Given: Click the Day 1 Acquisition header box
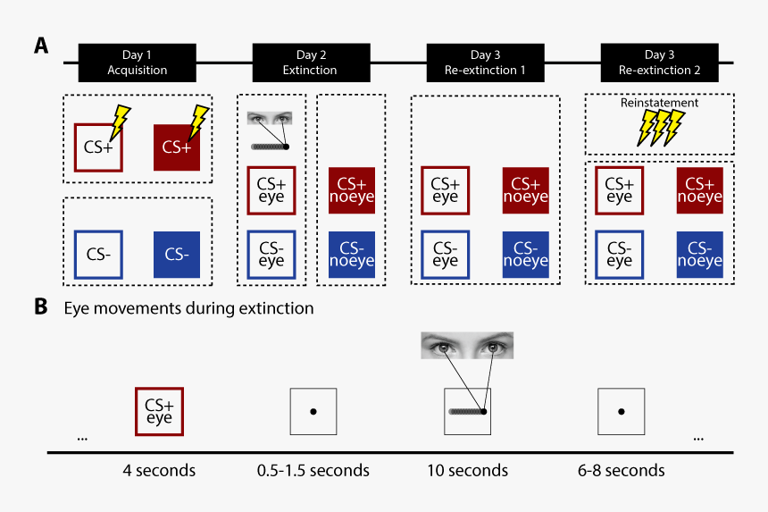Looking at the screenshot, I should tap(137, 63).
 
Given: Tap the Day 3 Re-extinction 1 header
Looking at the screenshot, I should tap(485, 63).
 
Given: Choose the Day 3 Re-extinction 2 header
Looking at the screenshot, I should tap(659, 63).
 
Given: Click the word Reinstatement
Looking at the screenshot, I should tap(659, 104).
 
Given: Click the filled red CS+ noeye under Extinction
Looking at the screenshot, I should tap(351, 189).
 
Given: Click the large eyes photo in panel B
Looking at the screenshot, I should tap(467, 346).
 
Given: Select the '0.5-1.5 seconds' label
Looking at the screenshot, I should tap(313, 470).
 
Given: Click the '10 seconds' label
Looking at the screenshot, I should tap(468, 470).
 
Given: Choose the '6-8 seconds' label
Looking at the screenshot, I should tap(621, 470).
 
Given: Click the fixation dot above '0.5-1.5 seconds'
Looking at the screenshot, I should tap(313, 412).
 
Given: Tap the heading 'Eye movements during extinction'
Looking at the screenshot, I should tap(188, 309).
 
